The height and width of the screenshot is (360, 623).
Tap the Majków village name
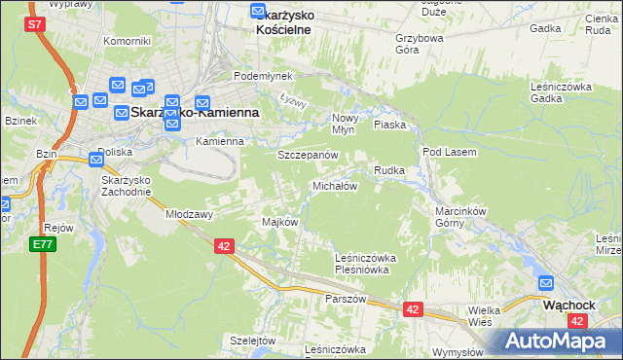click(x=279, y=222)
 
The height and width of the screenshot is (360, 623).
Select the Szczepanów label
click(x=307, y=155)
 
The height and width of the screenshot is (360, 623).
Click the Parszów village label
click(x=346, y=299)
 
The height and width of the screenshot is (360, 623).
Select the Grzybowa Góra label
click(x=420, y=45)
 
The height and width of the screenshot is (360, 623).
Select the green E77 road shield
click(x=41, y=245)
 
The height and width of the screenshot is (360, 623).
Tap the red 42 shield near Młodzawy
click(x=225, y=247)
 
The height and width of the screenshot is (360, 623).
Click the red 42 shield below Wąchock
click(x=578, y=320)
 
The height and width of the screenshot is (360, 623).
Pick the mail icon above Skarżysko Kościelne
click(x=258, y=13)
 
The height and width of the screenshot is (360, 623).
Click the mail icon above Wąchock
click(x=546, y=284)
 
